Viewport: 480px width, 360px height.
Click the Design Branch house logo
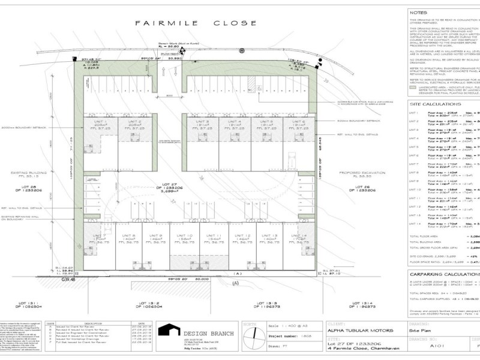[x=168, y=331]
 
